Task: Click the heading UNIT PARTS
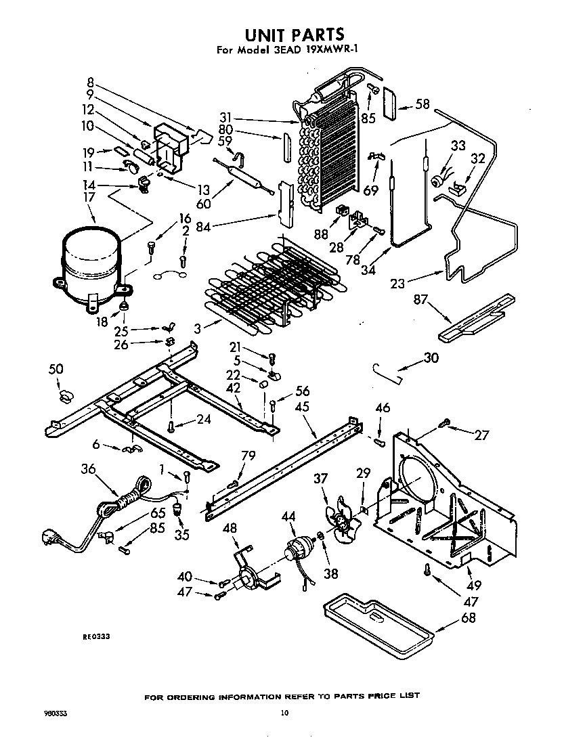(292, 35)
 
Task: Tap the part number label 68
(468, 617)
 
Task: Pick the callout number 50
(56, 369)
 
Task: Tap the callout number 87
(421, 299)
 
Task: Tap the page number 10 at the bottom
(285, 712)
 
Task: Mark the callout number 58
(422, 104)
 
